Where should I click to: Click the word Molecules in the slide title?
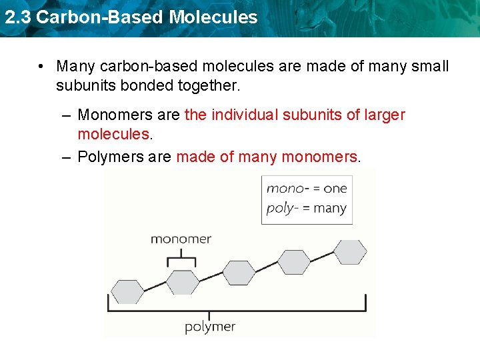[x=213, y=17]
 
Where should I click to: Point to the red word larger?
[x=385, y=115]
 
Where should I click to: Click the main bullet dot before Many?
[x=41, y=67]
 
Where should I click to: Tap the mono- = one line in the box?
[x=307, y=188]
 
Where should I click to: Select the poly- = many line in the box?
[x=307, y=208]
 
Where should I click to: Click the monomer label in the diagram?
[x=181, y=239]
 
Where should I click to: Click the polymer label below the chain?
[x=210, y=327]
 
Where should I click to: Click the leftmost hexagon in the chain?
[x=127, y=292]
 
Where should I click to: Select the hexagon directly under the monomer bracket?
[x=182, y=282]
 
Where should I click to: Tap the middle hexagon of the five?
[x=239, y=272]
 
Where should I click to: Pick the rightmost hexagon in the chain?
[x=350, y=252]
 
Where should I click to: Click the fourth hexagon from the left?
[x=294, y=262]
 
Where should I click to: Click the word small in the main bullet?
[x=430, y=67]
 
